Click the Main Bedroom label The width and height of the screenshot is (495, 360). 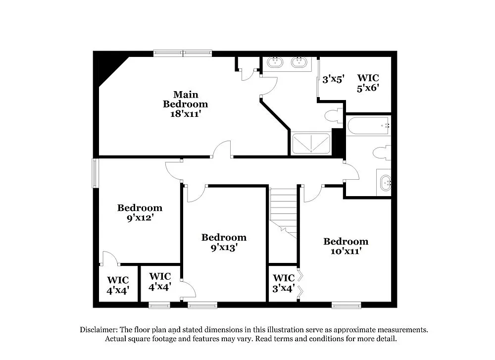tap(186, 99)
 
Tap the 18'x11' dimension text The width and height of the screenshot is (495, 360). tap(186, 113)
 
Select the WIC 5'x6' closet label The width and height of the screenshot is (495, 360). tap(368, 82)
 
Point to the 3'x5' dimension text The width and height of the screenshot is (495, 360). tap(333, 79)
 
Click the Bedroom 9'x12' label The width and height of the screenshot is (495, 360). tap(140, 212)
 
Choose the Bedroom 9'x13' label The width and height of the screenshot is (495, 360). tap(224, 242)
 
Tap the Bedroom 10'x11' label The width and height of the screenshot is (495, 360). tap(346, 246)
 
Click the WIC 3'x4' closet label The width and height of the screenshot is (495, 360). tap(284, 283)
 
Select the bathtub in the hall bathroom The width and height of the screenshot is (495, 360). tap(368, 126)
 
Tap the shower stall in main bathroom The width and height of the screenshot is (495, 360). tap(311, 143)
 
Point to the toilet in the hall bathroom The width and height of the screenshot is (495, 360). tap(382, 153)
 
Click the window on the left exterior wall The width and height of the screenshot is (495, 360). tap(95, 173)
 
